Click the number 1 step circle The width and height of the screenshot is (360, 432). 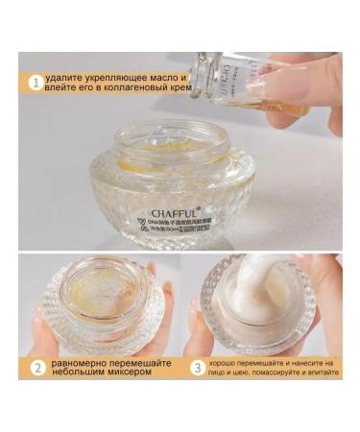click(36, 83)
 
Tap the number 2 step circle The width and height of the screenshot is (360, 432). click(36, 366)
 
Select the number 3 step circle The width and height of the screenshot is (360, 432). click(195, 366)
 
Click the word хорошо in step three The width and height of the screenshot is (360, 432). click(226, 361)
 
